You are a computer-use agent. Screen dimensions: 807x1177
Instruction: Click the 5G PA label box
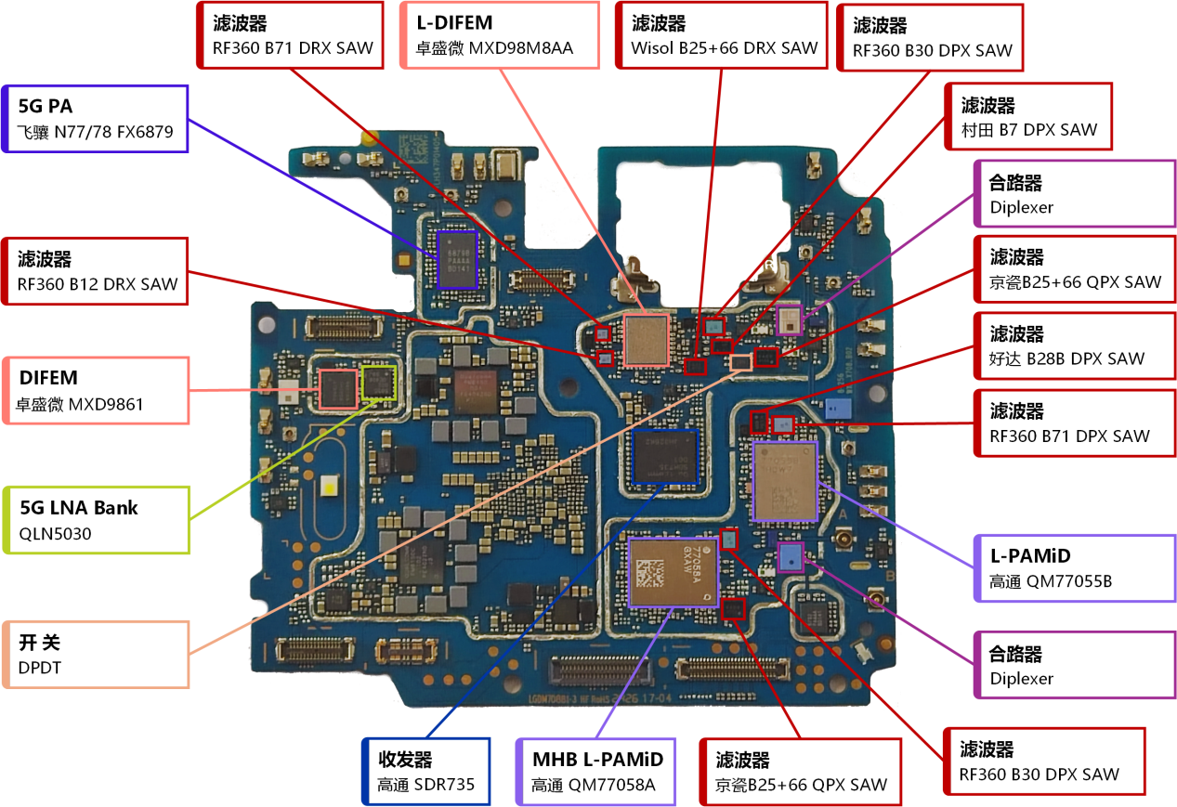tap(97, 118)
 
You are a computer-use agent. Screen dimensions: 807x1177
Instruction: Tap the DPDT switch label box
tap(97, 654)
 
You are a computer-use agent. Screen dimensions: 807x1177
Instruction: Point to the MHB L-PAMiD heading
tap(591, 759)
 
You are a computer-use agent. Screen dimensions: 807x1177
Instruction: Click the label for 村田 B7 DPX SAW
tap(1029, 130)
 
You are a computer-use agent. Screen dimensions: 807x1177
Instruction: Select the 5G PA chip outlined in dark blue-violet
tap(457, 259)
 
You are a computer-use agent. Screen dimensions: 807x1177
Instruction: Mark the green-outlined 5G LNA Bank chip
tap(378, 383)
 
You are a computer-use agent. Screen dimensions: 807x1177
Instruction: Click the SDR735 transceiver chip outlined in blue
tap(663, 456)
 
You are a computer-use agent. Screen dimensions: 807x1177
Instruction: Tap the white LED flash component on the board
tap(328, 486)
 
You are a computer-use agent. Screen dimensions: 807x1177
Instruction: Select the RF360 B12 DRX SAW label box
tap(97, 270)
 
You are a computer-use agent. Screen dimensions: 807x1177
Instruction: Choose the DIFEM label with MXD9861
tap(97, 390)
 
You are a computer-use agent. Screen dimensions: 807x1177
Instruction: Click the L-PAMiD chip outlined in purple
tap(785, 481)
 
